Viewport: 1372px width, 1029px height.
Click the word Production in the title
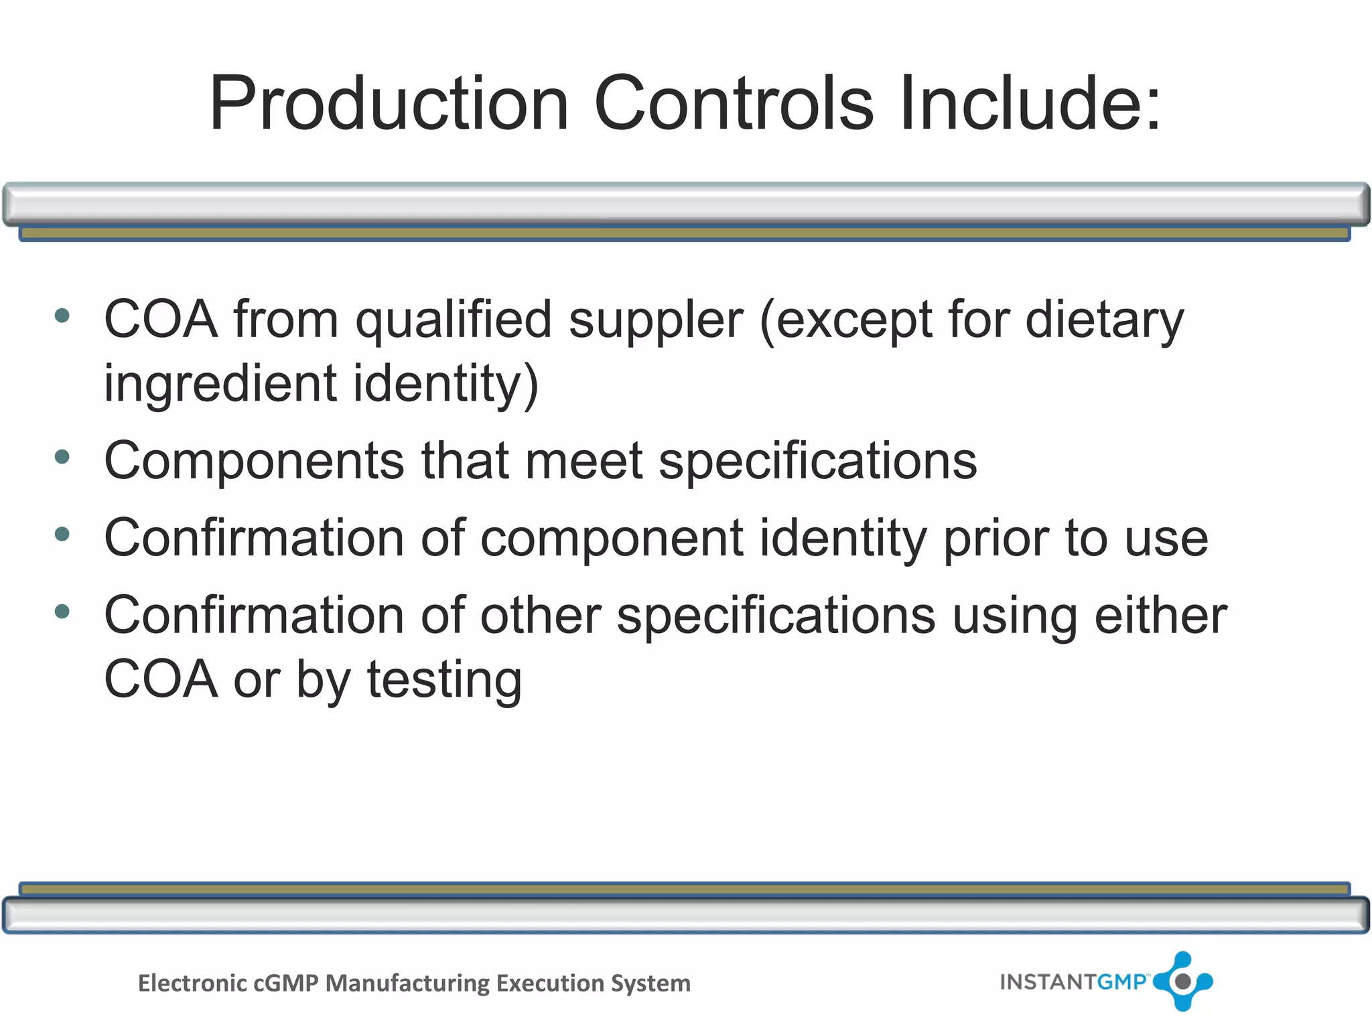point(389,104)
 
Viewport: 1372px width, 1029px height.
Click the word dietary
point(1105,321)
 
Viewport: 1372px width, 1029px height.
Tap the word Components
point(255,462)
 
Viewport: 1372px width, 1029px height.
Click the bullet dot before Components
point(62,458)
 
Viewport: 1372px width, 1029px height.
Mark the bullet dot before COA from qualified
point(62,316)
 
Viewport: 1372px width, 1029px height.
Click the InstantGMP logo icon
point(1183,981)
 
